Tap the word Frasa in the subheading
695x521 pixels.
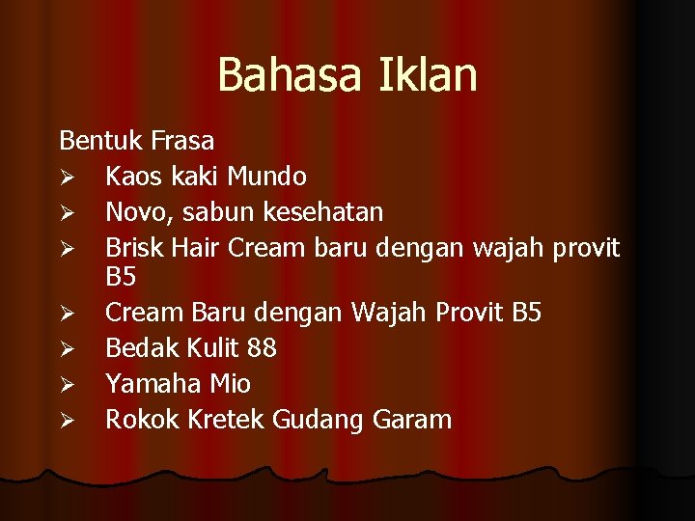182,141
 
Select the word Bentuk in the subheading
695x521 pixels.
101,141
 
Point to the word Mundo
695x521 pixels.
267,177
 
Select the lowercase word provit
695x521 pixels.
585,248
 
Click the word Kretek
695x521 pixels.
218,420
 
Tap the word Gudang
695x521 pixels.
314,420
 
